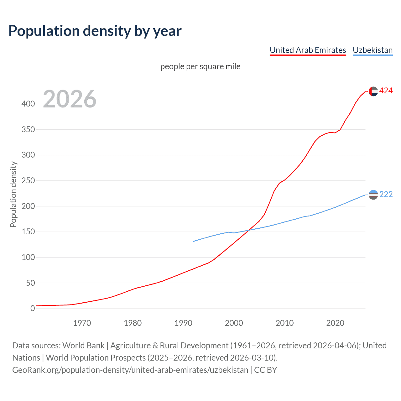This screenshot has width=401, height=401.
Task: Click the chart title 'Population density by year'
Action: click(x=95, y=31)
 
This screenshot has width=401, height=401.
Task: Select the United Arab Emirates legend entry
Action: click(x=308, y=50)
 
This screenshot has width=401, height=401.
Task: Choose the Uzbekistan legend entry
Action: click(x=372, y=50)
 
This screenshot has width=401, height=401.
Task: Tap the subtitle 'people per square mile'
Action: click(x=200, y=67)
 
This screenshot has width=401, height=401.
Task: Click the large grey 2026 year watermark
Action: click(x=70, y=99)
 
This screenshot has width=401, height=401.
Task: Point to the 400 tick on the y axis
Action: click(x=28, y=104)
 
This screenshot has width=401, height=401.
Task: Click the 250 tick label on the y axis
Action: click(x=28, y=181)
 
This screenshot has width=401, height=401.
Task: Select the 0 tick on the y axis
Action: click(x=33, y=309)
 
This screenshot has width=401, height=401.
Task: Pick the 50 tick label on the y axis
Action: click(x=30, y=283)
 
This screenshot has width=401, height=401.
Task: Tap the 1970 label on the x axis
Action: click(x=82, y=323)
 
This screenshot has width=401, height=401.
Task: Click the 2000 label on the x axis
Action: click(x=234, y=323)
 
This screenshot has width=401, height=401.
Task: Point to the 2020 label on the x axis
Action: click(x=335, y=323)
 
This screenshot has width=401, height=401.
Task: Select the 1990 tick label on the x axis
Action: click(x=183, y=323)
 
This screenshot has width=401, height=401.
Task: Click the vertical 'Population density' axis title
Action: click(x=13, y=194)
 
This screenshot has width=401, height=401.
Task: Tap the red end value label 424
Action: click(x=386, y=91)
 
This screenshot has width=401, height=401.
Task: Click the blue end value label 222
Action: click(x=386, y=195)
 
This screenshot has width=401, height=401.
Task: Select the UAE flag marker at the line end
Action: click(x=373, y=91)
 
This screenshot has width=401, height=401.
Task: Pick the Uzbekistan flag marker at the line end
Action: click(x=373, y=195)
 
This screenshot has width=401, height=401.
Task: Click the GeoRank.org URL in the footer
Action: click(x=130, y=370)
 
